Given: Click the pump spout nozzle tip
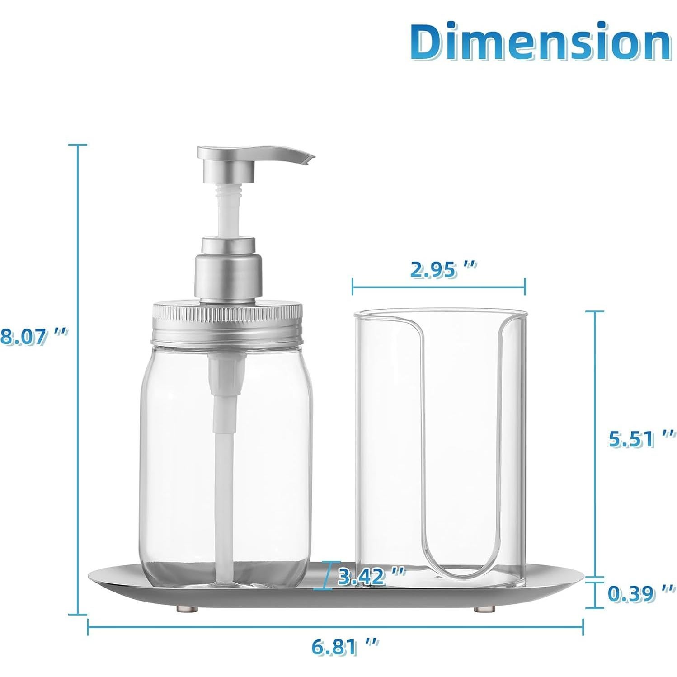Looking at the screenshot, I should tap(309, 159).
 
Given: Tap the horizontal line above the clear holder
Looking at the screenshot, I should tap(438, 287).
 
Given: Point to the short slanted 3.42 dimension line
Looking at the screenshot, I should tap(324, 576).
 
